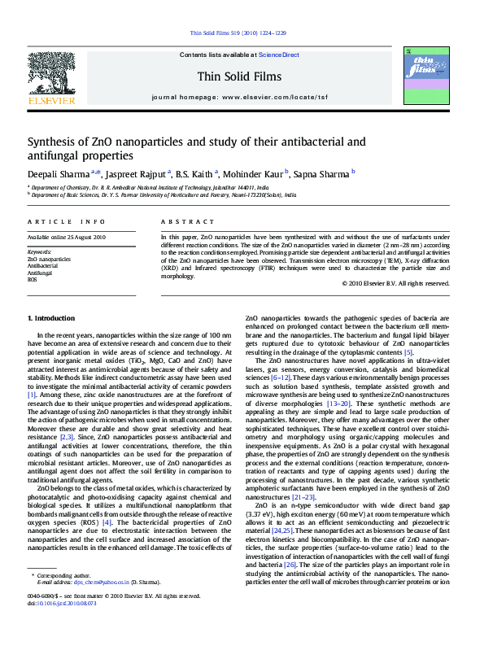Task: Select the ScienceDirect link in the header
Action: tap(279, 55)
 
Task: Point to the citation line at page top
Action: tap(238, 33)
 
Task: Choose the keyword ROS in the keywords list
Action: tap(33, 279)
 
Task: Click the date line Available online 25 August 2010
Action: tap(67, 237)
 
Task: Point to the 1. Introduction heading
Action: tap(51, 317)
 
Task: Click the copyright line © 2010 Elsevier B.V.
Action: tap(399, 283)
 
